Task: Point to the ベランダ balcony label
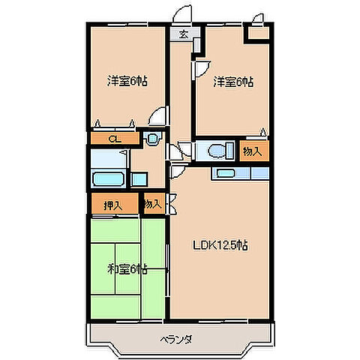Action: (x=178, y=340)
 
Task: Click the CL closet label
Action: (x=113, y=139)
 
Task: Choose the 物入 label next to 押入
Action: (x=152, y=203)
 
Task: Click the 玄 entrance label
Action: (x=184, y=33)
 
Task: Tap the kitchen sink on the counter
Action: (x=225, y=173)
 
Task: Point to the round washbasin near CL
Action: (x=152, y=139)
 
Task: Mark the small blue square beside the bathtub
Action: (x=139, y=179)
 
